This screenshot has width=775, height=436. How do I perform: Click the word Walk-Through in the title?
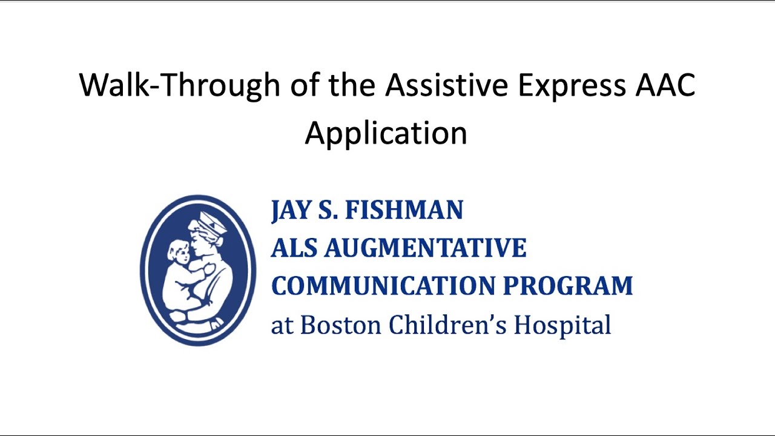point(180,86)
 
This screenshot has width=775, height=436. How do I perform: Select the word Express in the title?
point(571,86)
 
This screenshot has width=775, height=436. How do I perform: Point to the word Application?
point(386,133)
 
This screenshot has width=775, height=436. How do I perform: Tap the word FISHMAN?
point(404,211)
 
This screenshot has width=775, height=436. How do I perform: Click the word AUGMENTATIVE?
point(426,248)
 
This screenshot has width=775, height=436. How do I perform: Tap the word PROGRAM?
point(568,286)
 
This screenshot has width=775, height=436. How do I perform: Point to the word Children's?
point(447,325)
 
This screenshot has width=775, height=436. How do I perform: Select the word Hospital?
point(562,325)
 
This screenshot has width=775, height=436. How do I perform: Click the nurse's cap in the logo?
point(211,222)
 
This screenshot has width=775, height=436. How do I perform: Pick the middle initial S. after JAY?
point(328,211)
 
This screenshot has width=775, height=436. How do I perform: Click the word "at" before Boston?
point(282,326)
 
